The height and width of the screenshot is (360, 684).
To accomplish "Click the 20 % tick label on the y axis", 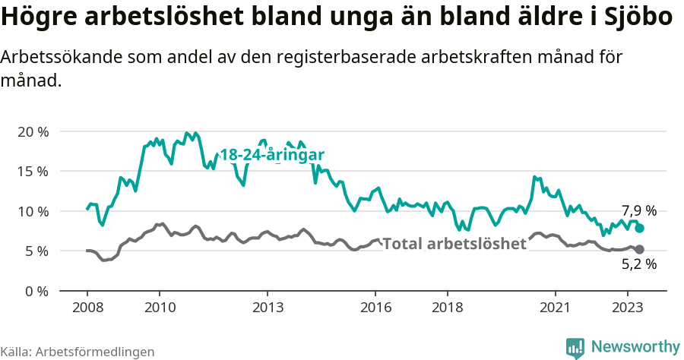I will pyautogui.click(x=33, y=131).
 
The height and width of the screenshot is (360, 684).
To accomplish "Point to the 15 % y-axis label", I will pyautogui.click(x=33, y=171).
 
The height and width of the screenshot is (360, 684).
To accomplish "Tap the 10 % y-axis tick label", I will pyautogui.click(x=33, y=211).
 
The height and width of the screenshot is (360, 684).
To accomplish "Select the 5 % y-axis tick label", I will pyautogui.click(x=36, y=251).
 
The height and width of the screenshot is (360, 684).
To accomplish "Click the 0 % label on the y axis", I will pyautogui.click(x=36, y=291).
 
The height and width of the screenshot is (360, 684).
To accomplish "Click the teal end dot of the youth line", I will pyautogui.click(x=640, y=228).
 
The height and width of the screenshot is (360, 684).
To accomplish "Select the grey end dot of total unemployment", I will pyautogui.click(x=640, y=249).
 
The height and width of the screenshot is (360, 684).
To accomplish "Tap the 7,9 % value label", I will pyautogui.click(x=638, y=210).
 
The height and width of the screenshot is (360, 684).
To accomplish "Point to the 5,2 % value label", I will pyautogui.click(x=638, y=265).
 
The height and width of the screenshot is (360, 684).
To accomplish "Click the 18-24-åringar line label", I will pyautogui.click(x=272, y=155).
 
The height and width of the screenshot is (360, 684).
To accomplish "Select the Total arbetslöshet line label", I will pyautogui.click(x=454, y=244).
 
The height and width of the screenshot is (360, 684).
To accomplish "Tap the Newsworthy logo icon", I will pyautogui.click(x=575, y=347).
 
